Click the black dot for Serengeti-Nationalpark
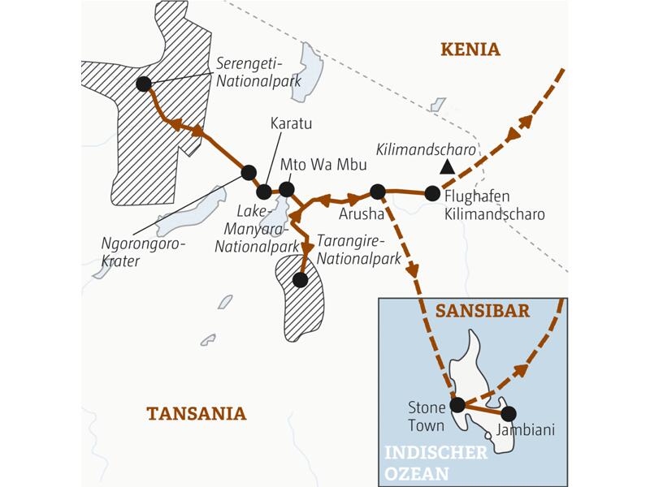coord(144,83)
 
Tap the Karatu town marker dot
coord(264,192)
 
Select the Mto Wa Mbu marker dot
coord(286,189)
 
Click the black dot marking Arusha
coord(377,192)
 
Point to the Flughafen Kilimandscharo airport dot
coord(432,193)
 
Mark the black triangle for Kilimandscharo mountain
coord(445,166)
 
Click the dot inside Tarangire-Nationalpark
coord(300,280)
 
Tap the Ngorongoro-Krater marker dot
coord(249,171)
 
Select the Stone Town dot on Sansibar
coord(457,404)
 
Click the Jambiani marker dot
coord(509,413)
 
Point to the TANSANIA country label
coord(196,413)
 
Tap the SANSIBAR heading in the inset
coord(483,311)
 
